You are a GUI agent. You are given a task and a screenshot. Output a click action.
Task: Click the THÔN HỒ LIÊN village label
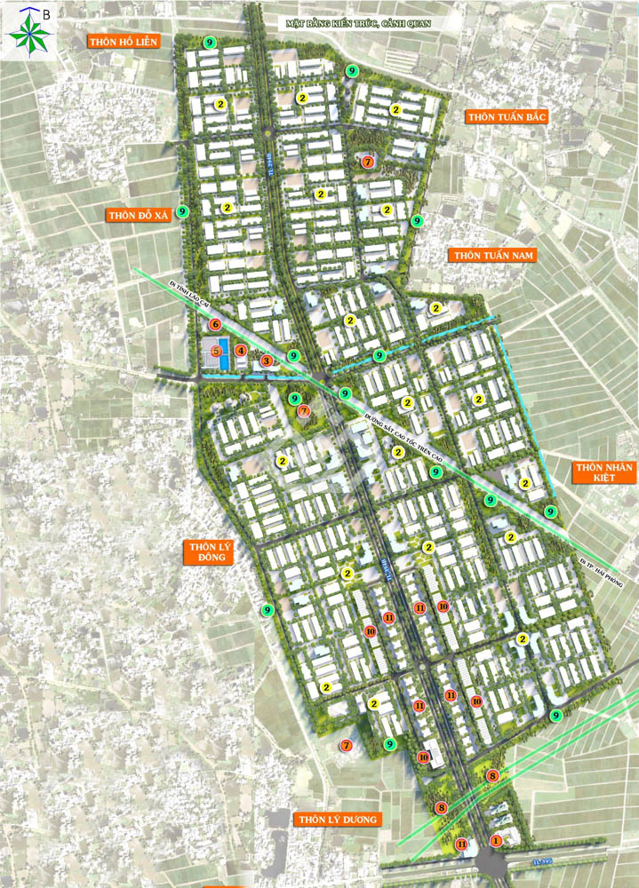pyautogui.click(x=123, y=41)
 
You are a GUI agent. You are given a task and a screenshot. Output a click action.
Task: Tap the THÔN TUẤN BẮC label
pyautogui.click(x=507, y=117)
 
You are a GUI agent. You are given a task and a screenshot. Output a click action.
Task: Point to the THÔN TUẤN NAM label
pyautogui.click(x=494, y=256)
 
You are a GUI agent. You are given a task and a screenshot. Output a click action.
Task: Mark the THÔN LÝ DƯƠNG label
pyautogui.click(x=339, y=819)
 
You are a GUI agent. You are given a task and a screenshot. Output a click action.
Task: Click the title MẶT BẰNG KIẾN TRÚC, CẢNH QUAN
pyautogui.click(x=358, y=24)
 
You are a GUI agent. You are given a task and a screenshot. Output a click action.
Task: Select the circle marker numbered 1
pyautogui.click(x=496, y=840)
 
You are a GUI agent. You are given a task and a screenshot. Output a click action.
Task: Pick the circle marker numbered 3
pyautogui.click(x=266, y=361)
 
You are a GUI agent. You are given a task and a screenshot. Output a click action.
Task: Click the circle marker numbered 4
pyautogui.click(x=241, y=351)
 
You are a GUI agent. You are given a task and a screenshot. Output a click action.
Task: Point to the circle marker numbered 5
pyautogui.click(x=216, y=351)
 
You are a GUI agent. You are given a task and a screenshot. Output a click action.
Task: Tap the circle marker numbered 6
pyautogui.click(x=214, y=325)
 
